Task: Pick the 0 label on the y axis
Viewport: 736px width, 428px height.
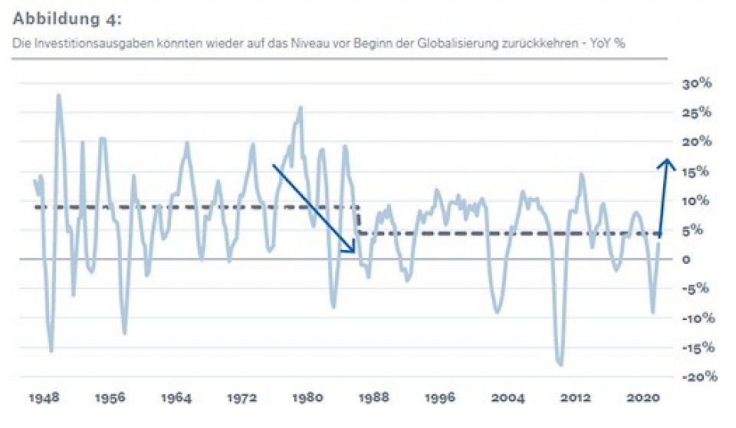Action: [687, 260]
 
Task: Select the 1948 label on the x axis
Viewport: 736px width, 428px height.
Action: [45, 400]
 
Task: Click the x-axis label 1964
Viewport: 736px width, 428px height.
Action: [176, 400]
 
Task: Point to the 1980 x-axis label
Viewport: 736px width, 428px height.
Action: [307, 400]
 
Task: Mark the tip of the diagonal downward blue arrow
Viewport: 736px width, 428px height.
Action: [354, 252]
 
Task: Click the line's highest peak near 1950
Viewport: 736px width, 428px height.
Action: [58, 95]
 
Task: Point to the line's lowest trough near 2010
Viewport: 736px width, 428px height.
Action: [560, 364]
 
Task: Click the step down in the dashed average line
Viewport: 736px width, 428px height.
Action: [358, 220]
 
